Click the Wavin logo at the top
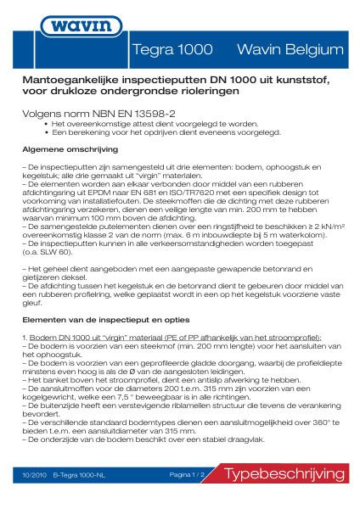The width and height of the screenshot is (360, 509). pyautogui.click(x=180, y=20)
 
